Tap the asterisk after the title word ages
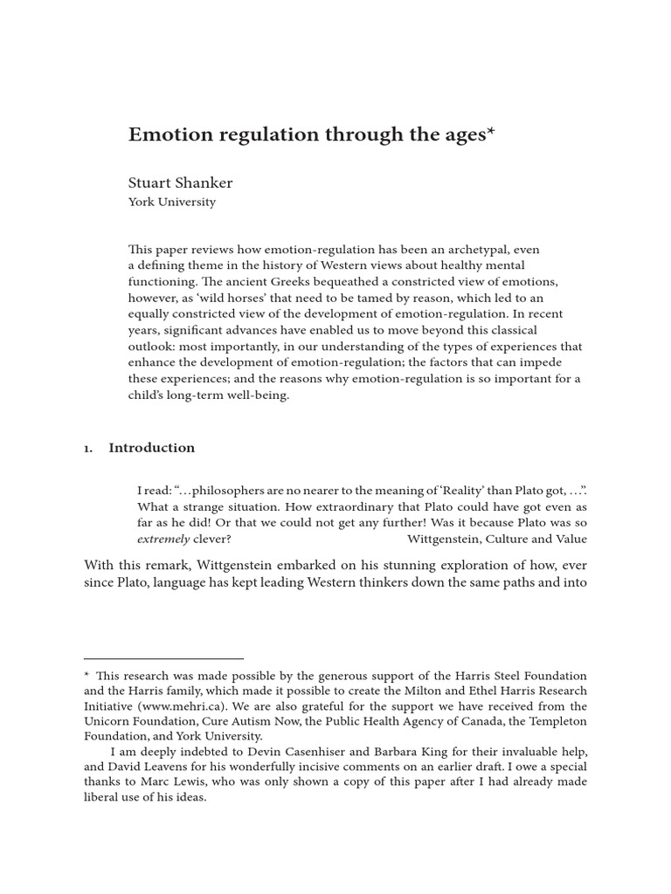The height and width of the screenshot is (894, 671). coord(490,132)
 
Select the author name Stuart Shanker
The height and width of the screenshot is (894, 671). coord(181,182)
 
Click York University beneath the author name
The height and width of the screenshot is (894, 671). coord(172,202)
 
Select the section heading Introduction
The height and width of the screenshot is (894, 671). coord(151,448)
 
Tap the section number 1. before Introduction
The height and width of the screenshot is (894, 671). coord(88,448)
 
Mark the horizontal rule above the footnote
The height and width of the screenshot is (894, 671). coord(163,658)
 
